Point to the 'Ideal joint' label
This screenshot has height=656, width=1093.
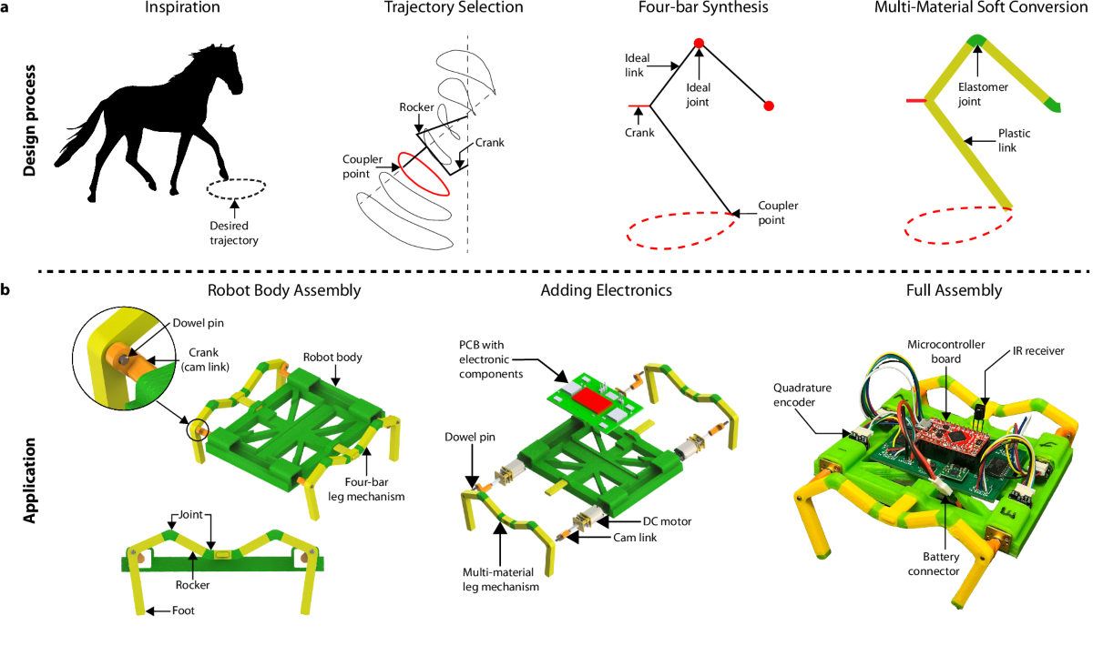tap(697, 96)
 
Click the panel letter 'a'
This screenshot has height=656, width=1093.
tap(6, 7)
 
